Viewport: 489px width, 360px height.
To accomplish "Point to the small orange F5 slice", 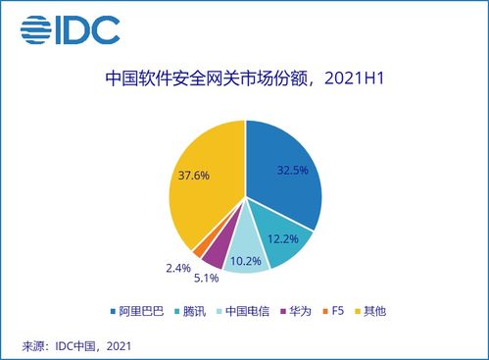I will (x=199, y=248).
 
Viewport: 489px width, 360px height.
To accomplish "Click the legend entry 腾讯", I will (x=194, y=310).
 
